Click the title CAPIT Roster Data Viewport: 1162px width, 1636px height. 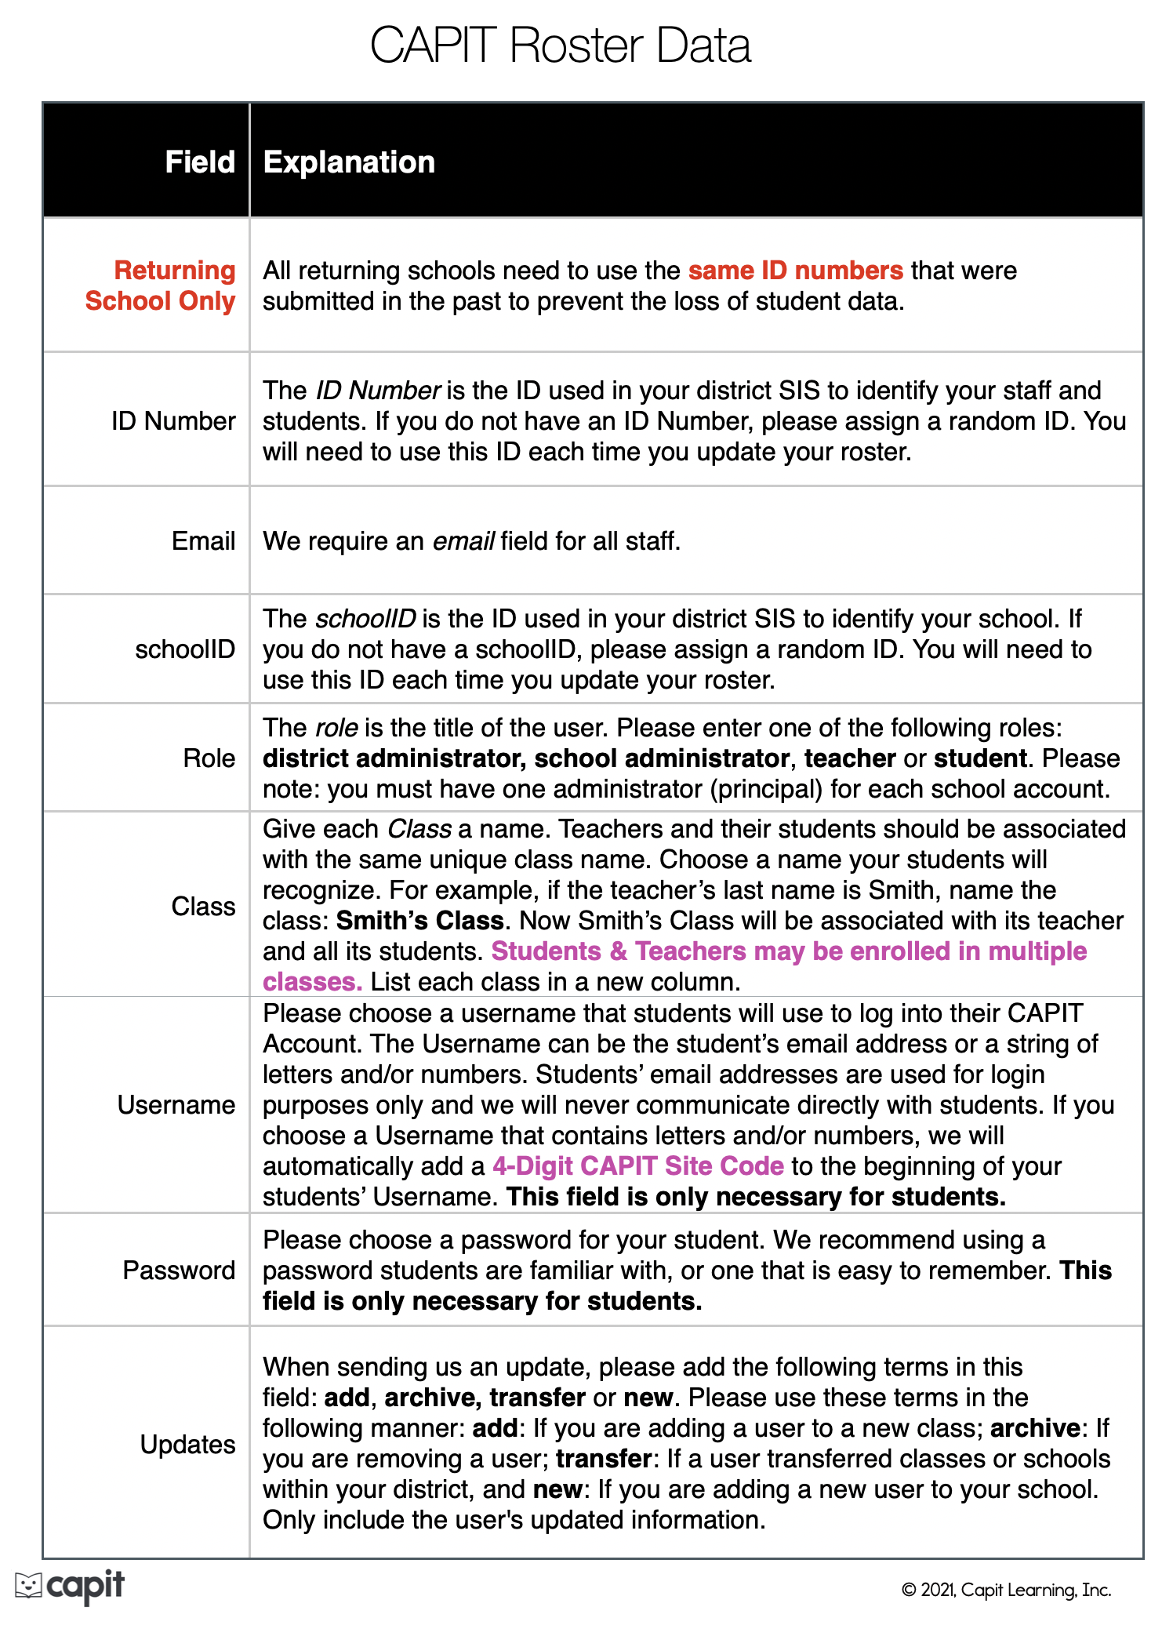click(560, 45)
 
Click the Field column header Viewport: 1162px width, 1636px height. click(200, 162)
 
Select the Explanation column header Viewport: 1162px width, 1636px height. click(349, 162)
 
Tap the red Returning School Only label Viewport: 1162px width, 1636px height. click(162, 285)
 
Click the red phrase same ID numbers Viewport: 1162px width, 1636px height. click(795, 271)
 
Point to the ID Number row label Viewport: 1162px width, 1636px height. click(173, 421)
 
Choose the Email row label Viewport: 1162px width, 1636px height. click(203, 541)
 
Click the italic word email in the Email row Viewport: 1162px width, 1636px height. click(463, 541)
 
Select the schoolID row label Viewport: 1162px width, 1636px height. click(185, 649)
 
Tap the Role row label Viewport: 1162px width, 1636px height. click(209, 758)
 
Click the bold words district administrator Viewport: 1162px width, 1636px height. click(392, 758)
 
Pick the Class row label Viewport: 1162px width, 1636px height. click(203, 907)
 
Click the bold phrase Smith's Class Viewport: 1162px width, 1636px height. click(419, 921)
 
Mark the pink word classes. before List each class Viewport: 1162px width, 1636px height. click(312, 982)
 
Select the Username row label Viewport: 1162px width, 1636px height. click(176, 1105)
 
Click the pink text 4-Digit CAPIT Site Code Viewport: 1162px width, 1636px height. click(637, 1166)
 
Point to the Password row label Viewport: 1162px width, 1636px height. click(179, 1271)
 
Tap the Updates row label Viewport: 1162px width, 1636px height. click(187, 1445)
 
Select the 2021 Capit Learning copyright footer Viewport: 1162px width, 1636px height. click(1006, 1590)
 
